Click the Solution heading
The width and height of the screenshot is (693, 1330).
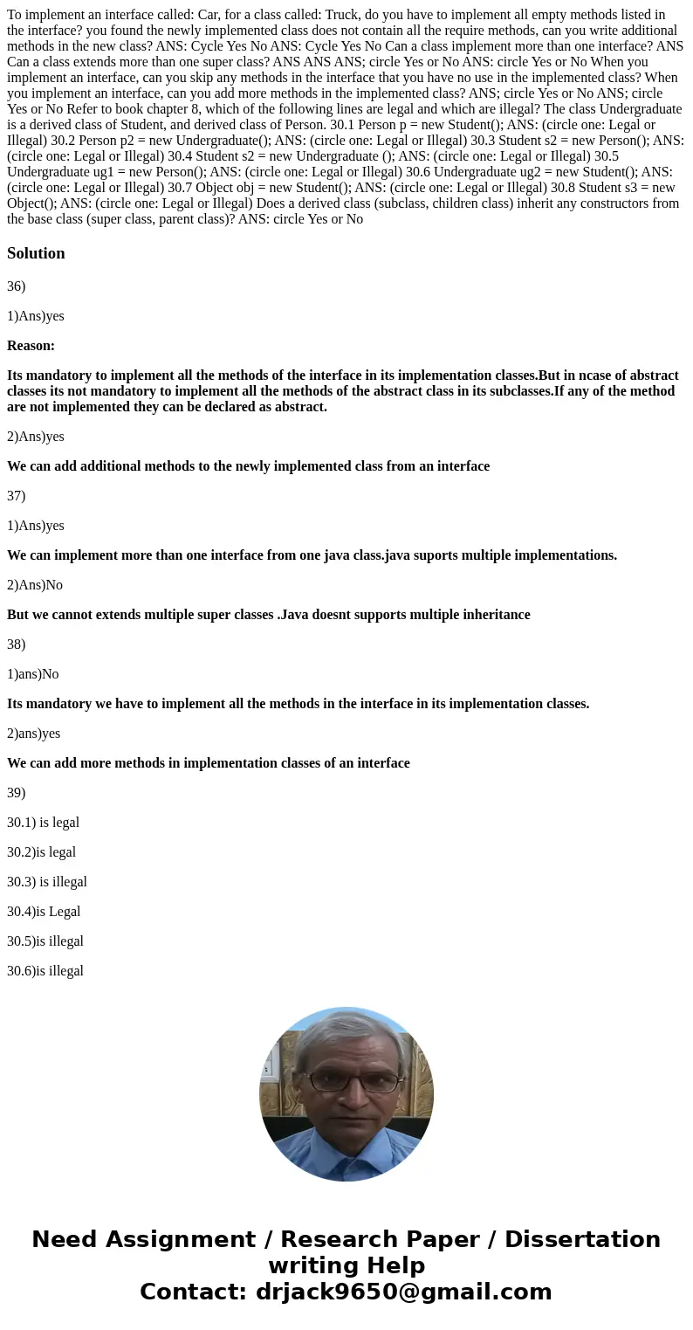click(36, 253)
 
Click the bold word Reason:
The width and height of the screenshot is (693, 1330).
click(31, 346)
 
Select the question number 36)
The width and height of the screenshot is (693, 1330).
click(17, 286)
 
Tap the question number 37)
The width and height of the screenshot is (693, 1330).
click(17, 496)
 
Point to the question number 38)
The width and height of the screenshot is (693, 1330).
click(17, 644)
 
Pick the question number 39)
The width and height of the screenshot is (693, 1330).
click(17, 793)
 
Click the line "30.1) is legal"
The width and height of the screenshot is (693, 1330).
click(43, 823)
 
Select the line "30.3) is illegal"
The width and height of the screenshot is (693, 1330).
click(47, 882)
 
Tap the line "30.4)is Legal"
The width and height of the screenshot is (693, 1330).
click(44, 912)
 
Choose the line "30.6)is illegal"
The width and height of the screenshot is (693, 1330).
click(45, 971)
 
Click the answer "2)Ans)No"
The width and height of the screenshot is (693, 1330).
click(35, 585)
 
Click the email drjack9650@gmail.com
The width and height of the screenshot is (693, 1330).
click(402, 1292)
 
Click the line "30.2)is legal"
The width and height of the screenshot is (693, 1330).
click(41, 852)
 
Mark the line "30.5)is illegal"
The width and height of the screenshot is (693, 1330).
click(45, 941)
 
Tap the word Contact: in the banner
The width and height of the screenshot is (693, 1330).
click(193, 1292)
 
